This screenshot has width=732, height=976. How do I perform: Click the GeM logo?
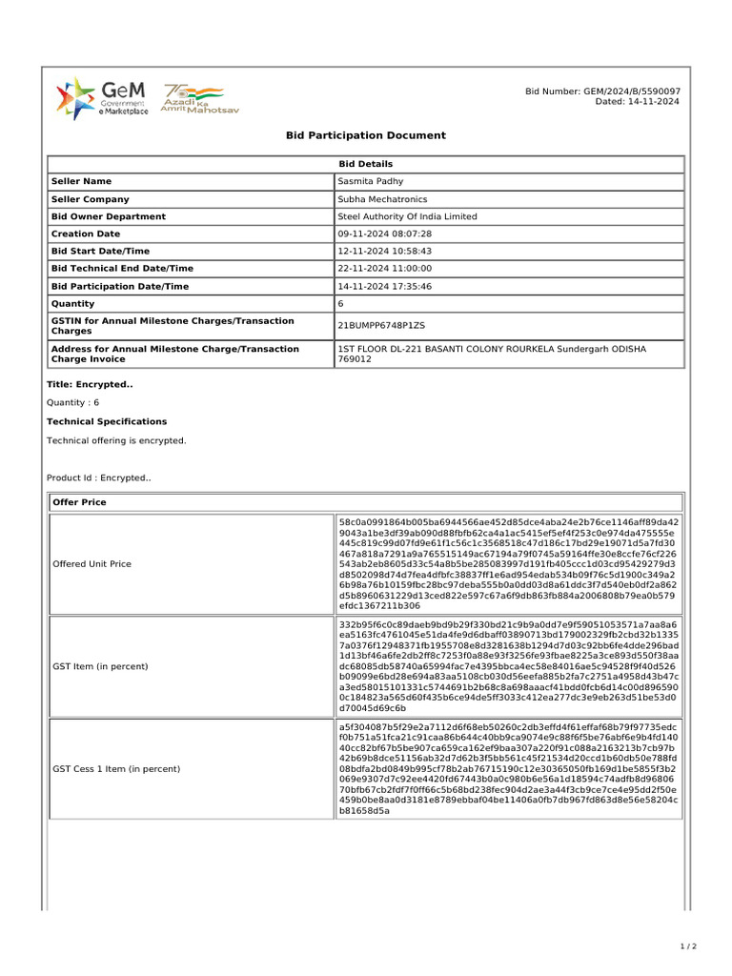(102, 98)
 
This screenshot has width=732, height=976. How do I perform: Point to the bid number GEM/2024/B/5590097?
(602, 91)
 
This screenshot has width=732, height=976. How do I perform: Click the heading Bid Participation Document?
(366, 135)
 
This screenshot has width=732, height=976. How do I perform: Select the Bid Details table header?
(366, 164)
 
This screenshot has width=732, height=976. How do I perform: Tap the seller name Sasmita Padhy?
(371, 181)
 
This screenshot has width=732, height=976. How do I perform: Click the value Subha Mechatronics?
(382, 199)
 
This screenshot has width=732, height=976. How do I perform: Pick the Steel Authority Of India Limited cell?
(407, 216)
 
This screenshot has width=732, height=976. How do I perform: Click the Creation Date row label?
(86, 234)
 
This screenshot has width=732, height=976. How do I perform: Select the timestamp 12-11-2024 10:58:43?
(385, 251)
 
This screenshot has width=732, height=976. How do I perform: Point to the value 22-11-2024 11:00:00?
(385, 269)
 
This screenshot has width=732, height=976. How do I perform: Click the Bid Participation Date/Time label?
(120, 286)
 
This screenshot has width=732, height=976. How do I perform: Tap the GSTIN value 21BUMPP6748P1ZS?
(381, 325)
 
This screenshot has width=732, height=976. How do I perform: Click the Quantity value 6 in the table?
(340, 303)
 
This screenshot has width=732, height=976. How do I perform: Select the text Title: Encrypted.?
(90, 384)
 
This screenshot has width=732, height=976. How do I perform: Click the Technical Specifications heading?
(107, 421)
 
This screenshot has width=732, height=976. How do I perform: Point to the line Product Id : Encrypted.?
(98, 478)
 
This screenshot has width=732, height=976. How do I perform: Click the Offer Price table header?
(80, 502)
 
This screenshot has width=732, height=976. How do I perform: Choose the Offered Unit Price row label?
(91, 564)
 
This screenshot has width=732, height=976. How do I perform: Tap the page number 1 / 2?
(688, 946)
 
